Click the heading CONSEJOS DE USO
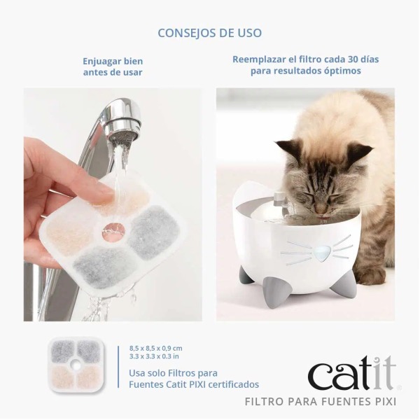point(210,33)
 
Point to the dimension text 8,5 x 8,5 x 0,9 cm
point(155,348)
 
